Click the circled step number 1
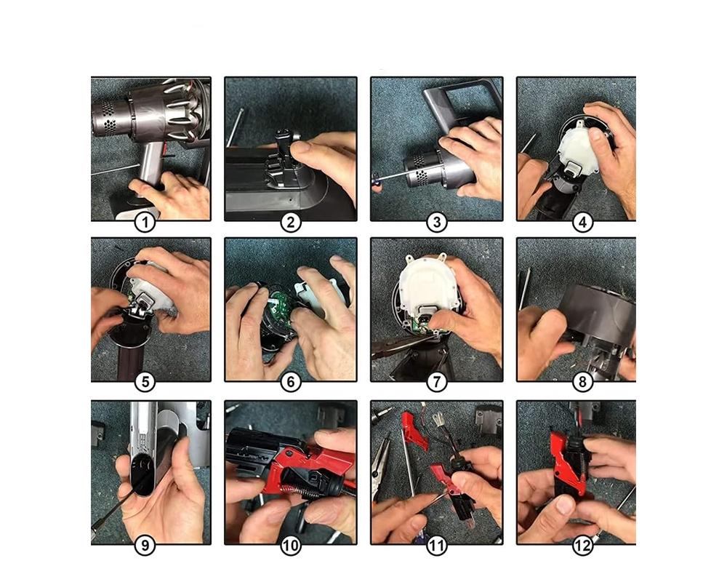coord(145,223)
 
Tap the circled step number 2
coord(291,223)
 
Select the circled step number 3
coord(437,223)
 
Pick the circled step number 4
coord(583,223)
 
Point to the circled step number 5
coord(145,382)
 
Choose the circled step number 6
coord(291,382)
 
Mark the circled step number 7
coord(437,382)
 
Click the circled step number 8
coord(583,382)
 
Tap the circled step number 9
coord(145,545)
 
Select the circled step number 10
coord(291,545)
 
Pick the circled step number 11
coord(437,545)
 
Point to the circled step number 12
coord(583,545)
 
